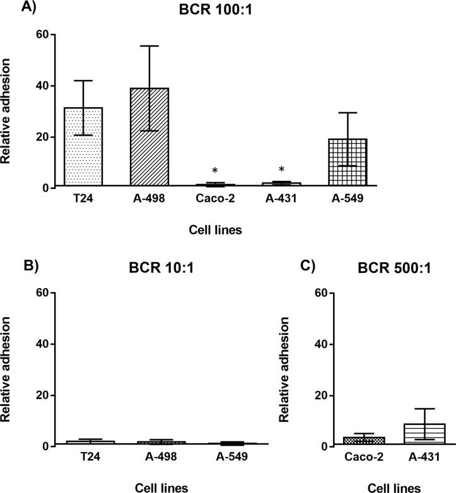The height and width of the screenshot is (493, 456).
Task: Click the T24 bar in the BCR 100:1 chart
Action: click(x=83, y=147)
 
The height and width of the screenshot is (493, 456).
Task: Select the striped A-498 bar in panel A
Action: click(x=149, y=137)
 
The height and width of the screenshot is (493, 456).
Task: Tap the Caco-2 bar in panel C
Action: click(x=354, y=441)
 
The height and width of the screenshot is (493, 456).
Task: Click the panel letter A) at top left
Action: click(x=11, y=8)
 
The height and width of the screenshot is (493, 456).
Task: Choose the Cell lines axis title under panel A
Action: click(x=216, y=231)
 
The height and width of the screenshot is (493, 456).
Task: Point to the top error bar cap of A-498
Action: click(x=149, y=46)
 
